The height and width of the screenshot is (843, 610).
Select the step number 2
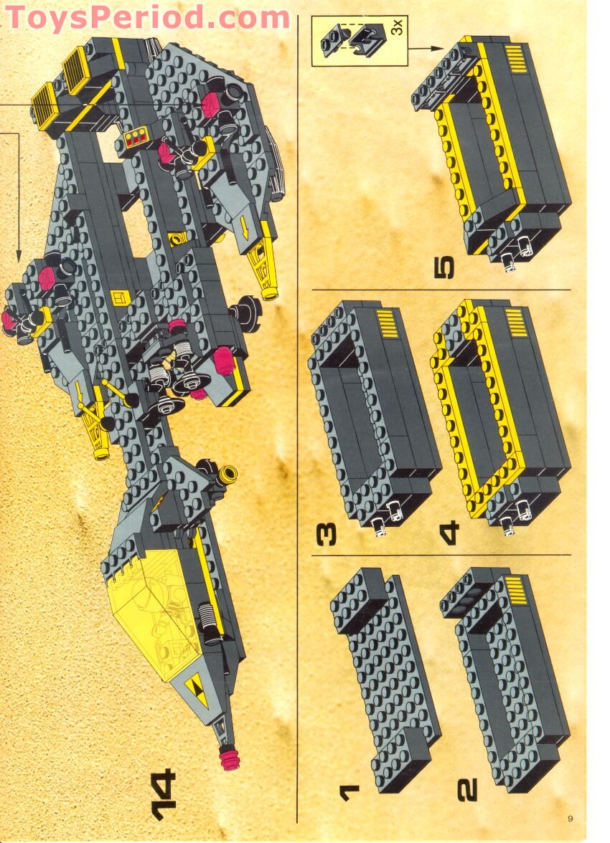(468, 789)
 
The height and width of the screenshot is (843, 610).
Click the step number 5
(444, 268)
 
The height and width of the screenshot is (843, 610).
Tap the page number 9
(570, 818)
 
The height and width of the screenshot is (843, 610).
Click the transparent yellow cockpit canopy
(147, 613)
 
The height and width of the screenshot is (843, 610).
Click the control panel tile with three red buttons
(135, 138)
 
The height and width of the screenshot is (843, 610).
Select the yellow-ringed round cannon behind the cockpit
(228, 473)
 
